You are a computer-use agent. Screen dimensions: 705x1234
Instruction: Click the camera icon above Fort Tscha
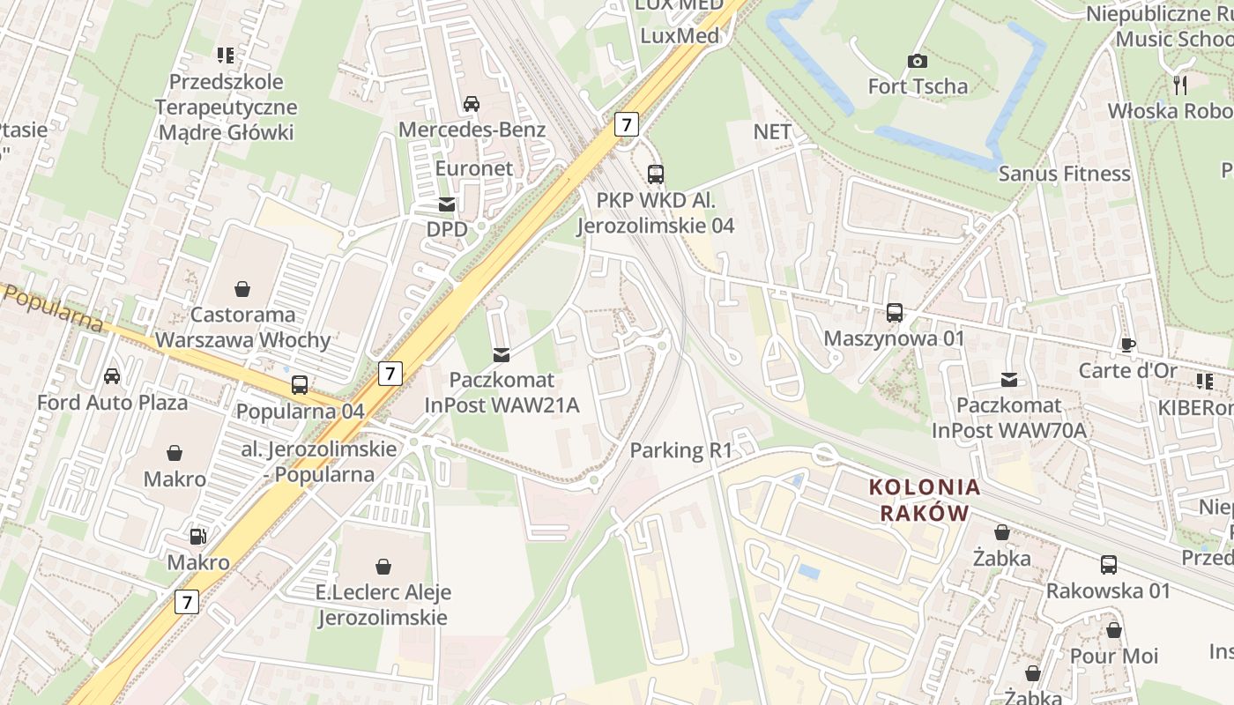[918, 61]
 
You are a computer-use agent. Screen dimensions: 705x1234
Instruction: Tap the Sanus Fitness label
[1064, 174]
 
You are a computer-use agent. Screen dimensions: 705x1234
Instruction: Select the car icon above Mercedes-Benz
[472, 104]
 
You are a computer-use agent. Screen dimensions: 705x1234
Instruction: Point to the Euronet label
[473, 167]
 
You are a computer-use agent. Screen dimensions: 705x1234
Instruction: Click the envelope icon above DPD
[447, 204]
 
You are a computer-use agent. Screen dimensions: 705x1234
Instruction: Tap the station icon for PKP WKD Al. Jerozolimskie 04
[655, 174]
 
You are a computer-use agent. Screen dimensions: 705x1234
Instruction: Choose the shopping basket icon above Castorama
[242, 289]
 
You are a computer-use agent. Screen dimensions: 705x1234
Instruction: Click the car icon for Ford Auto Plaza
[112, 376]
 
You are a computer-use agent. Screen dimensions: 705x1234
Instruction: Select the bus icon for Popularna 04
[300, 385]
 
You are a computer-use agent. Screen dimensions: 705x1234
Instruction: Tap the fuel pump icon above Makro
[198, 536]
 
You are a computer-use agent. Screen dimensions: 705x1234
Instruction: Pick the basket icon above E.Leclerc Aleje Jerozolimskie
[383, 566]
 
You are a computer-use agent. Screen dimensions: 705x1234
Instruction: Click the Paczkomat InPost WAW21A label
[502, 392]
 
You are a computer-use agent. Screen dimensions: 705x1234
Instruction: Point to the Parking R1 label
[680, 450]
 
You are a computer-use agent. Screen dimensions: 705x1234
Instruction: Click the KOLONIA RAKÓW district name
[925, 500]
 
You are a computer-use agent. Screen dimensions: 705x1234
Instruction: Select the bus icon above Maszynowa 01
[895, 312]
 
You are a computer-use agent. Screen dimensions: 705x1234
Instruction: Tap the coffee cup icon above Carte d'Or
[1127, 345]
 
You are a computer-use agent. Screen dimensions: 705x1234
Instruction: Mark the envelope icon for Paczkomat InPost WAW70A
[1009, 380]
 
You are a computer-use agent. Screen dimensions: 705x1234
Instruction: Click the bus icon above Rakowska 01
[1108, 564]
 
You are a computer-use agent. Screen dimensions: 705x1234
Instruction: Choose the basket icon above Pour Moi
[1114, 630]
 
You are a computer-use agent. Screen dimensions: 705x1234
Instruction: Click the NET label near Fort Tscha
[772, 131]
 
